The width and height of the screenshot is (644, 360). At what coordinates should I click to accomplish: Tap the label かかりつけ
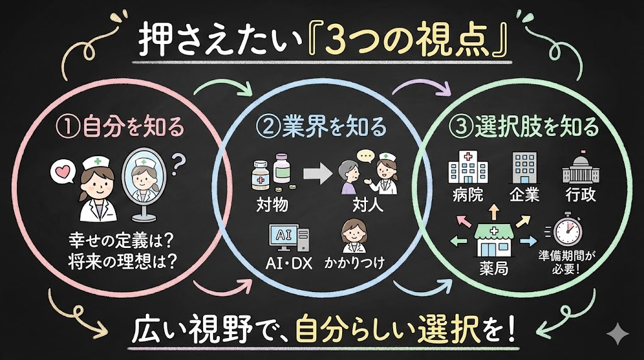coord(354,261)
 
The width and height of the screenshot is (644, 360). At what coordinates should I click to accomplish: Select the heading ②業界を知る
coord(321,128)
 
